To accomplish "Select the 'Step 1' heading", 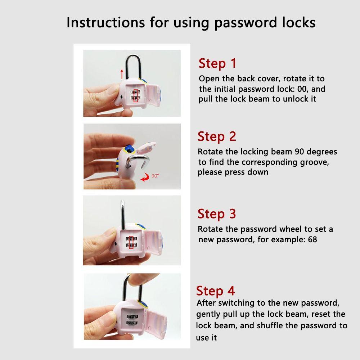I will (217, 63).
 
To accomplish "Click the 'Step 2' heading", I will (217, 137).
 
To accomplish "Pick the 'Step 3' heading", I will (217, 214).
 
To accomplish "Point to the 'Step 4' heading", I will (215, 291).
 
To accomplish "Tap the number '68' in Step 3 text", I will (312, 239).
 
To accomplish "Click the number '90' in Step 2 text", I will (300, 152).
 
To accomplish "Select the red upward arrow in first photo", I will (122, 74).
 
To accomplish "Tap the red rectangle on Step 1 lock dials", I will (136, 95).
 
